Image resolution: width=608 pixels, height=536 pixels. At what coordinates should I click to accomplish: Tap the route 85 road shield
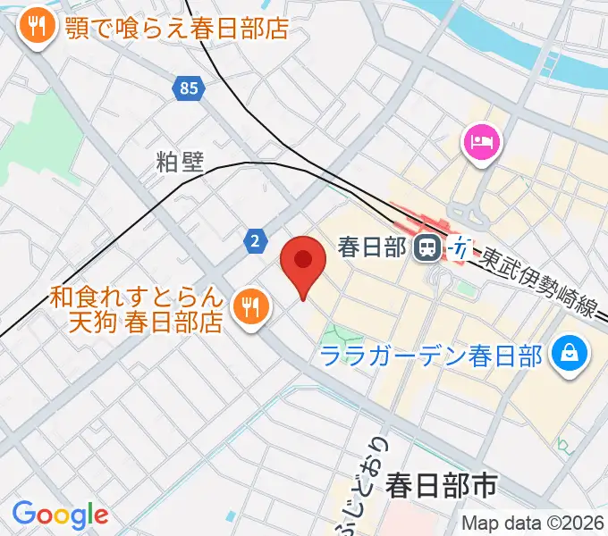pos(188,88)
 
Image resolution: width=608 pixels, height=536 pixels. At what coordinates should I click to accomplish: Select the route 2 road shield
pos(256,239)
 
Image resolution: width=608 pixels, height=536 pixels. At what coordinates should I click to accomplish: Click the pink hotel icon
pos(482,142)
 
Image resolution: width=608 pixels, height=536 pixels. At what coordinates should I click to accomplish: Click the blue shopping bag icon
pos(568,355)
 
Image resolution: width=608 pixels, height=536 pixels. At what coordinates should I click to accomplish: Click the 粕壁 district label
pos(180,162)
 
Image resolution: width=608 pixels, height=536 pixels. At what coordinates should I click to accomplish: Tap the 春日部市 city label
pos(441,486)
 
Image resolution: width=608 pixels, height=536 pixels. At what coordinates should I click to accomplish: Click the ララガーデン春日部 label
pos(432,356)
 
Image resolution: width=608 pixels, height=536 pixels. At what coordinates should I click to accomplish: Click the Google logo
pos(60,514)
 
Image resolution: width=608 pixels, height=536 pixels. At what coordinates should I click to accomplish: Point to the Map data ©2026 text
pos(533,523)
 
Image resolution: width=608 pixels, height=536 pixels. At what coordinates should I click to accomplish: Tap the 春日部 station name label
pos(374,247)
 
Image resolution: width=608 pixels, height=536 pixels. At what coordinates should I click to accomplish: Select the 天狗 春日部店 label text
pos(145,322)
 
